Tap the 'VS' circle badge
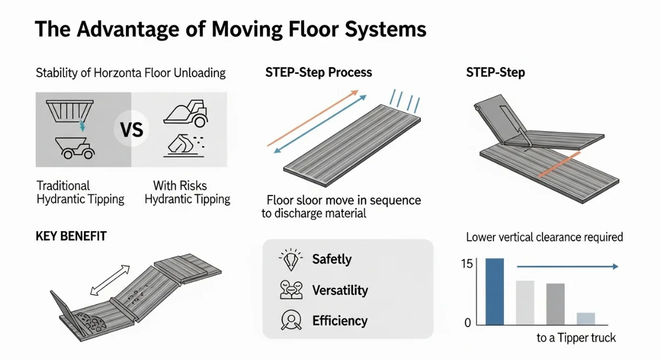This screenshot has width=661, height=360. pos(131,130)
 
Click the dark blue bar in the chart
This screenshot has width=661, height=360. pos(494,291)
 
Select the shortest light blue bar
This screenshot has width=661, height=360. pos(586,318)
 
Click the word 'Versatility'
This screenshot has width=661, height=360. pos(340,290)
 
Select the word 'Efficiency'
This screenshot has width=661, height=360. pos(339,320)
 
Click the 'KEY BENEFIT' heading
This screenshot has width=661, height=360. pos(71,237)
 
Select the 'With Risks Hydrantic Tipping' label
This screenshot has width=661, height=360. pos(187,192)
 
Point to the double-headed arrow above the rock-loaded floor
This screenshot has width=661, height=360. pos(110,280)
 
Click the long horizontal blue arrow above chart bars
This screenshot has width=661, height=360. pos(567,266)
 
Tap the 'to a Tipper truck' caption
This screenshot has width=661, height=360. pos(576,338)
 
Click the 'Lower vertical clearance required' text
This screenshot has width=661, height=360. pos(544,237)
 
